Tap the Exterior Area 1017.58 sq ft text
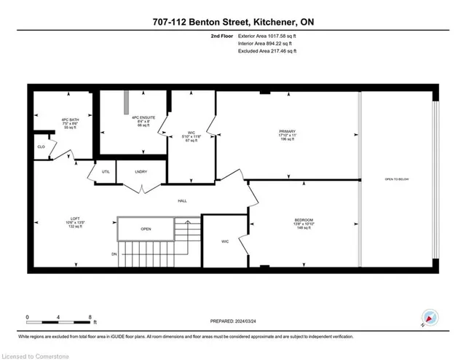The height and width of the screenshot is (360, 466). point(267,35)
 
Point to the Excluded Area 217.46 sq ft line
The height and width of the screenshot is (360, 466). point(266,51)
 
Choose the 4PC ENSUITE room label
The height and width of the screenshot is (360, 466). point(133,118)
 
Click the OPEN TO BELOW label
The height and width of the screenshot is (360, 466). point(398,179)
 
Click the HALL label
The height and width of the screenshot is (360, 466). point(184,200)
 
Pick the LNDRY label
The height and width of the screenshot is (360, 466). point(141,172)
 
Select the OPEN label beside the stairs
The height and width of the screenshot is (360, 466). point(146,227)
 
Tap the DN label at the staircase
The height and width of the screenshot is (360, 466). point(114,254)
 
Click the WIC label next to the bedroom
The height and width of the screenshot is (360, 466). point(225,241)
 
